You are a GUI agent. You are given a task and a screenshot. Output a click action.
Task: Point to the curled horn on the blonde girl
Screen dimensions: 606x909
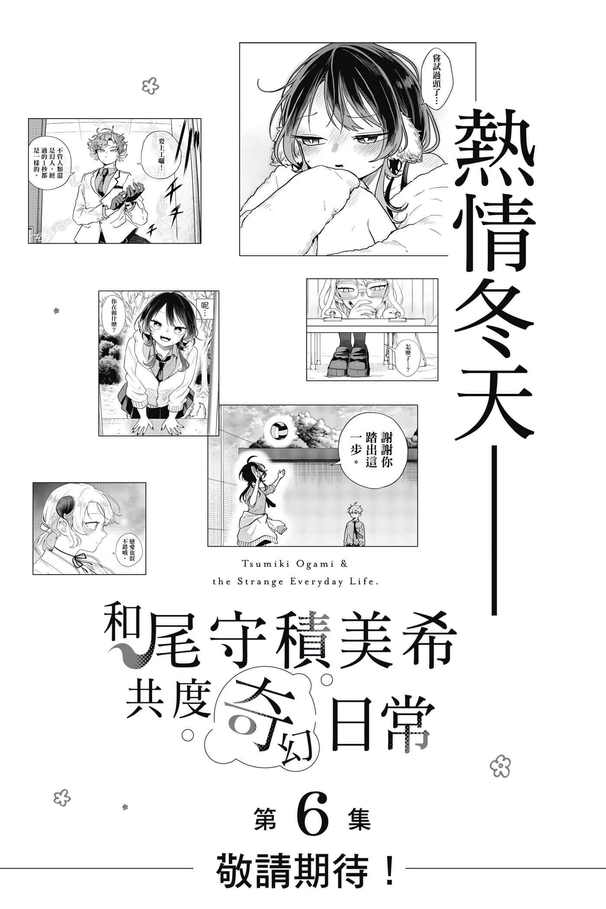tap(65, 506)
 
